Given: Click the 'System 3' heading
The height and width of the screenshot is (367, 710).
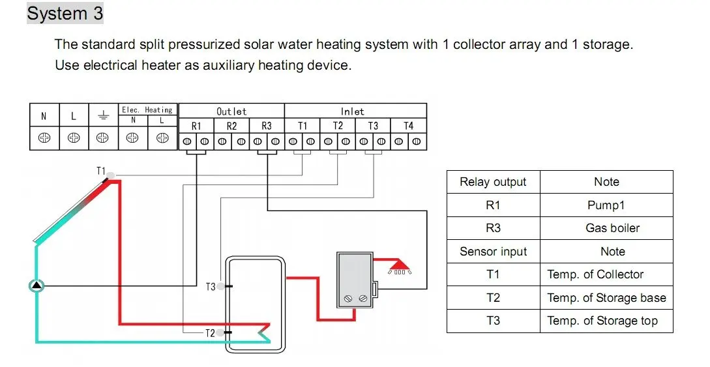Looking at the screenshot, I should (65, 13).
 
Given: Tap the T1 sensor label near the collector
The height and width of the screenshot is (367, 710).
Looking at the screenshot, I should (101, 171).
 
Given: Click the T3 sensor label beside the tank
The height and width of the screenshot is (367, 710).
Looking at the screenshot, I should (210, 287).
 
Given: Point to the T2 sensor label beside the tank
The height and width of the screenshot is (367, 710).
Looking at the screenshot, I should (210, 333).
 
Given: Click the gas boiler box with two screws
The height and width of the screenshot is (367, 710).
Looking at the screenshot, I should (354, 279).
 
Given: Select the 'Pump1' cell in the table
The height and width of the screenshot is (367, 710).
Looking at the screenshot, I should (606, 205).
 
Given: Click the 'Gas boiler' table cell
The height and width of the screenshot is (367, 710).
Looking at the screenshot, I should (606, 228).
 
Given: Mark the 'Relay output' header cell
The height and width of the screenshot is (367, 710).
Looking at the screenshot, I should (493, 183).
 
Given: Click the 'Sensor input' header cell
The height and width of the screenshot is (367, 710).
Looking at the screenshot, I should (493, 252).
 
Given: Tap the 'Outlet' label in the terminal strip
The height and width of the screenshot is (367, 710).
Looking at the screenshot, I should (231, 111).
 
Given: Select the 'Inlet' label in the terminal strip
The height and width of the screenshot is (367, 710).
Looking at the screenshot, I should (352, 111).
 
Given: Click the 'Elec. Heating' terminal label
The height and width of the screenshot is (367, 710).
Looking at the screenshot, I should (147, 110).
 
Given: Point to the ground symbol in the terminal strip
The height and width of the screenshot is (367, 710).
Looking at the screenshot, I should (102, 117).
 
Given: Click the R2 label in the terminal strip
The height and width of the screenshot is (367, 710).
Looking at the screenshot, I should (231, 126).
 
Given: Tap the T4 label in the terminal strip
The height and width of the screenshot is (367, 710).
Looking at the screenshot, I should (408, 126).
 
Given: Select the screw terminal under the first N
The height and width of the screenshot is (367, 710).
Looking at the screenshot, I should (44, 138).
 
